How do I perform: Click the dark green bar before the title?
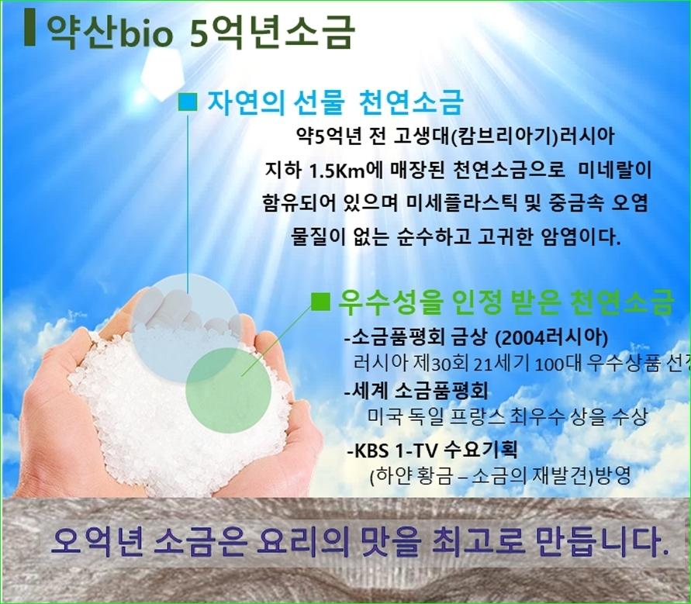tap(29, 26)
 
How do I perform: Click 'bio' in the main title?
tap(144, 32)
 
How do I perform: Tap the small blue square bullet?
tap(188, 102)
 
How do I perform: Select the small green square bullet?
tap(320, 302)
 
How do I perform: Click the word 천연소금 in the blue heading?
tap(411, 102)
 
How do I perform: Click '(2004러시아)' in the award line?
tap(551, 338)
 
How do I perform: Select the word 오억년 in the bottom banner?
tap(97, 540)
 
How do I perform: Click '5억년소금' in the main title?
tap(272, 32)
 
